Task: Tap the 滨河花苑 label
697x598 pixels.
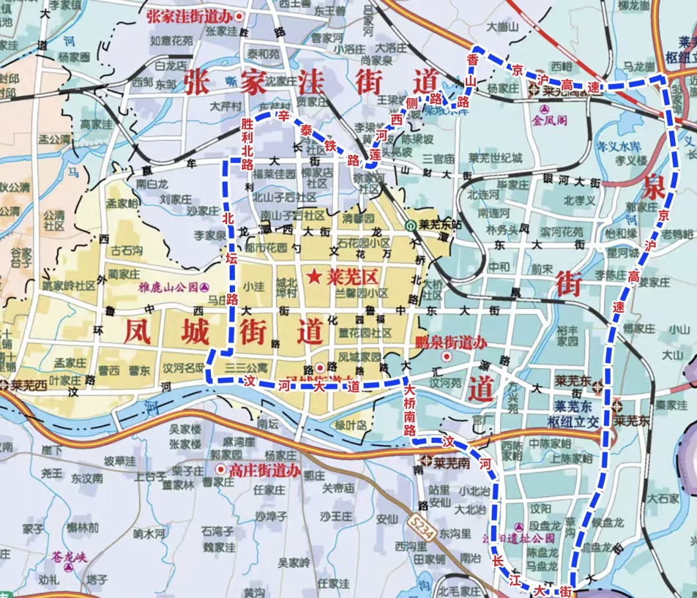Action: click(561, 231)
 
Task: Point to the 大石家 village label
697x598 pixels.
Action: click(663, 499)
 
